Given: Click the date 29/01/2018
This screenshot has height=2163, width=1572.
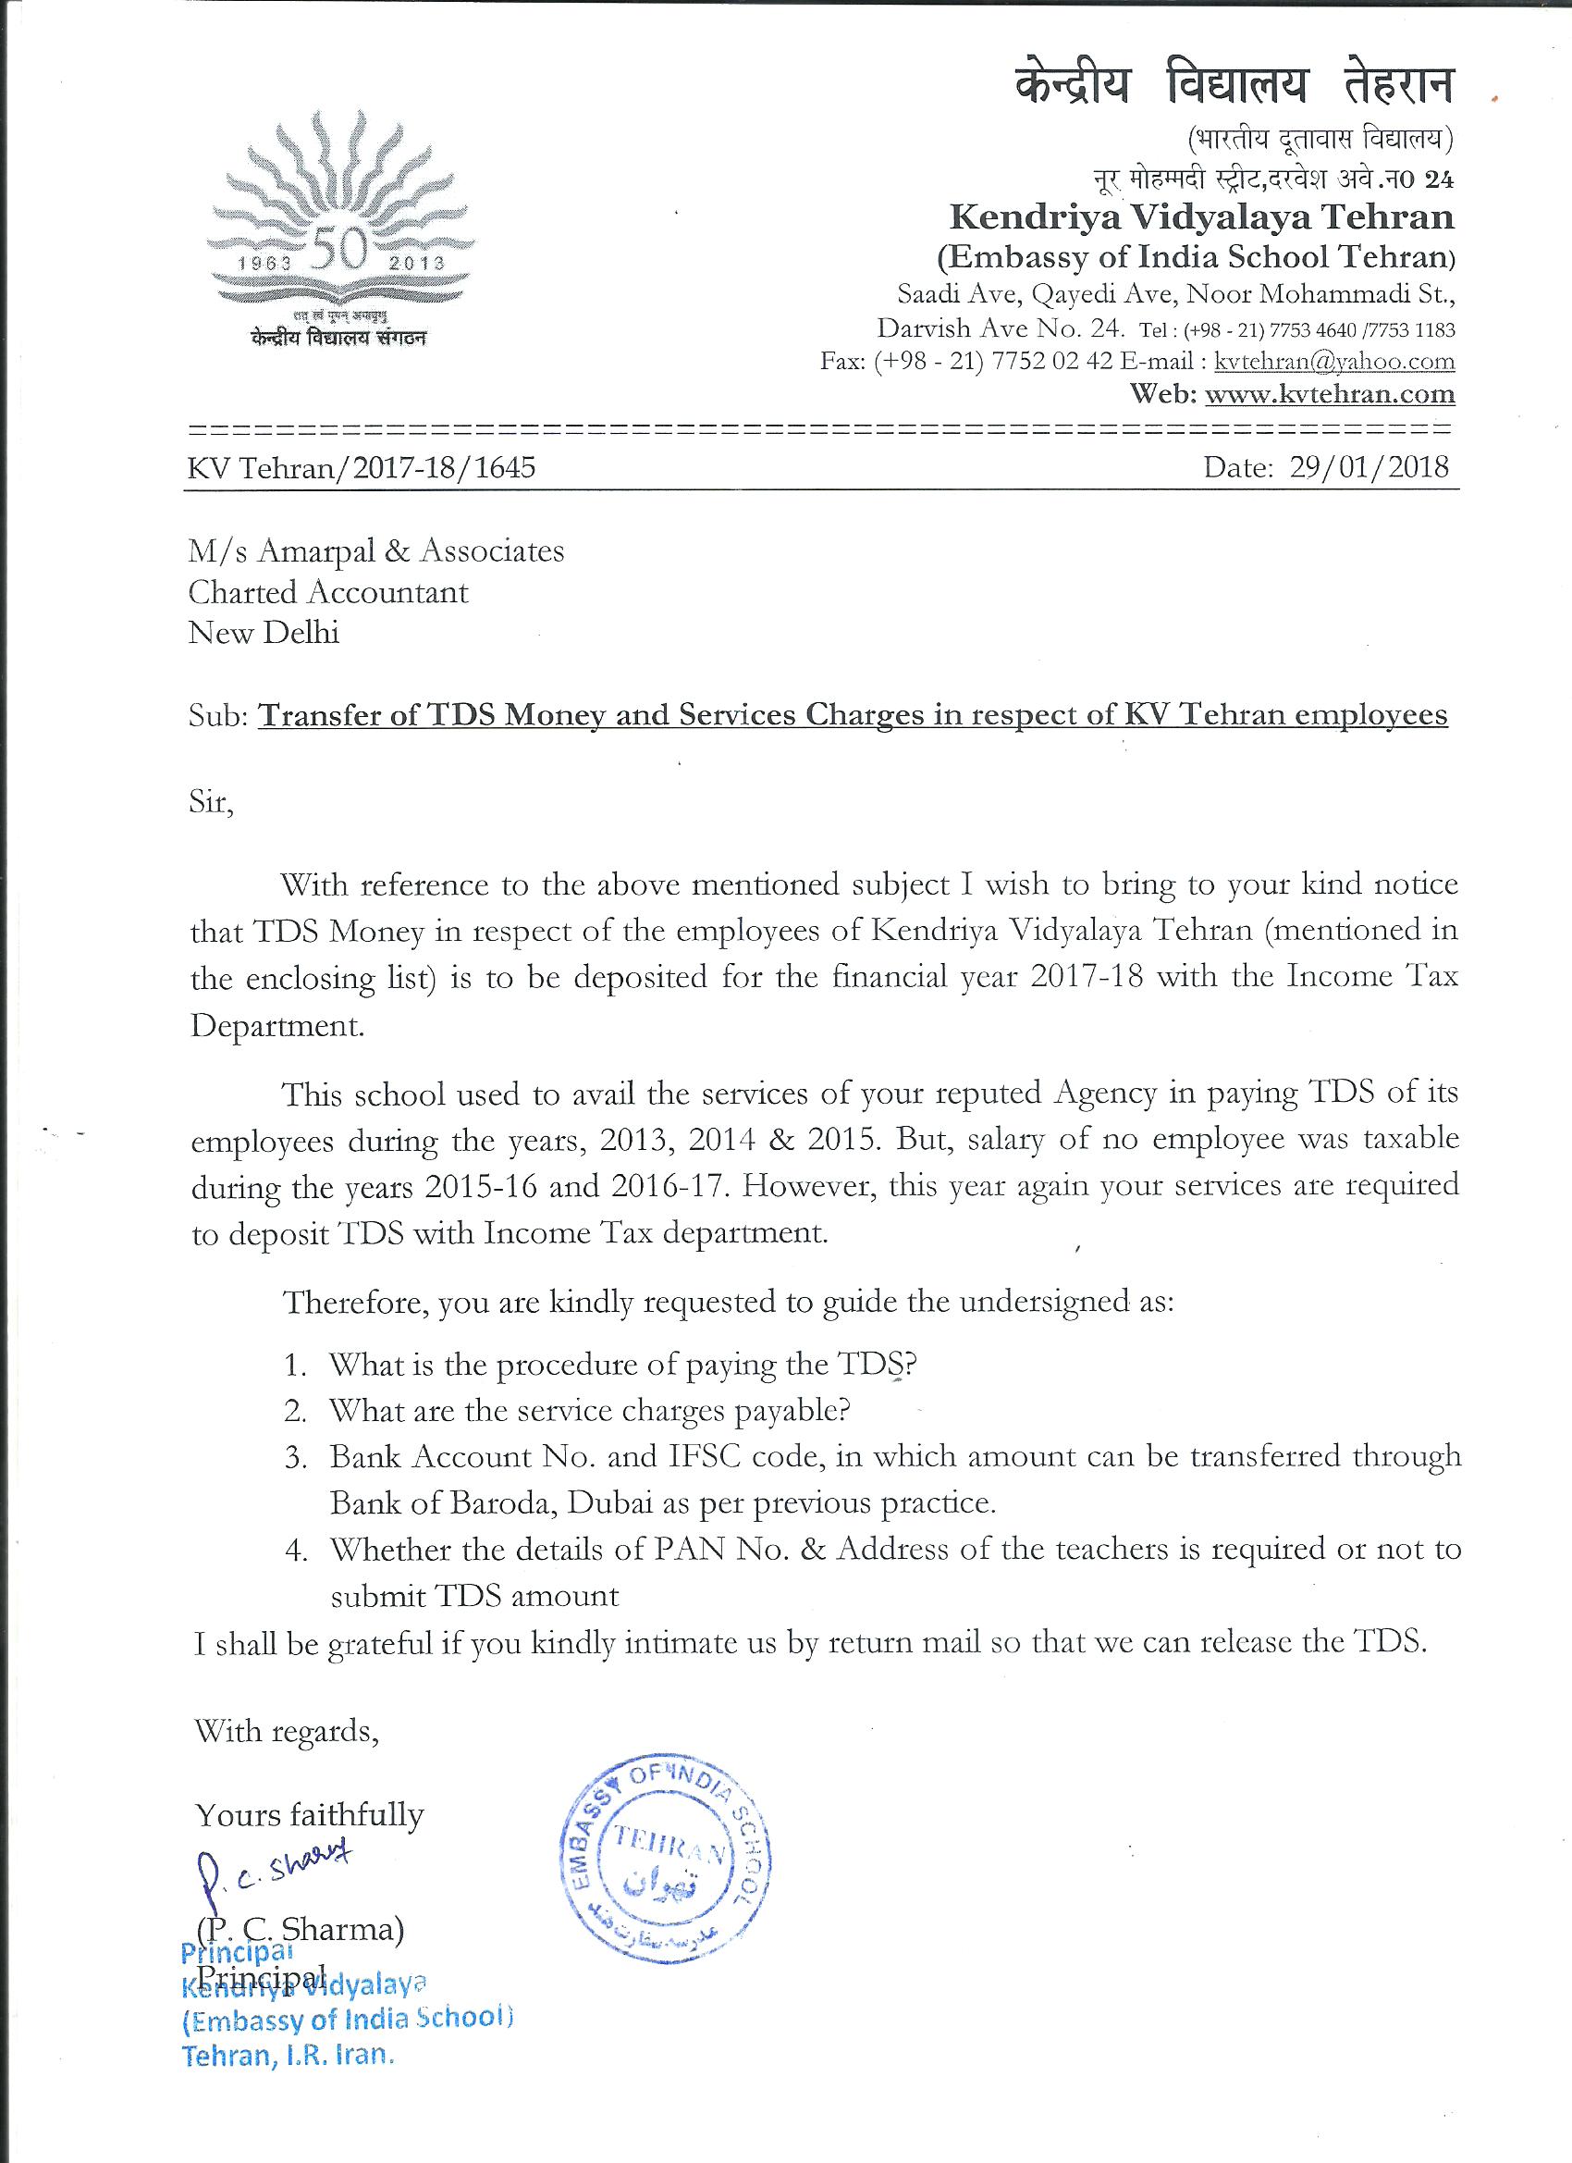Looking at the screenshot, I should pos(1369,466).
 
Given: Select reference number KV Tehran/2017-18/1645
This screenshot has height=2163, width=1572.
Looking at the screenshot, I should pos(362,467).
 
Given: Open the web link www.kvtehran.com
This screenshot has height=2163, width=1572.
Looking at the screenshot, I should pos(1330,394).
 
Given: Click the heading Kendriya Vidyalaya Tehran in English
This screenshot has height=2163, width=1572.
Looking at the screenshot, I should pos(1201,218).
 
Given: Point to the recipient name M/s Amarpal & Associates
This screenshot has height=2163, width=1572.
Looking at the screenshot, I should pos(376,551).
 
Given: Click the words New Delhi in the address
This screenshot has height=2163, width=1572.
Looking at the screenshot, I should pos(264,632).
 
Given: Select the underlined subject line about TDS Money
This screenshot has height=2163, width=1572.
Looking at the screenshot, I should pos(854,714).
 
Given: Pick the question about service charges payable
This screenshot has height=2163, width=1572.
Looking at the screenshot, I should pos(589,1411).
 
